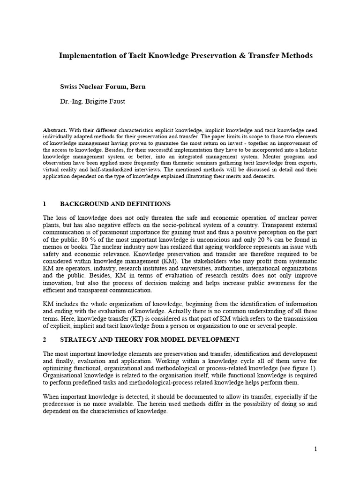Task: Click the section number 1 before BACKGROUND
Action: point(45,204)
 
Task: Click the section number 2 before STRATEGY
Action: point(45,339)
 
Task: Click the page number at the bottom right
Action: point(315,449)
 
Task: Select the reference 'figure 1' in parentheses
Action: point(301,368)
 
